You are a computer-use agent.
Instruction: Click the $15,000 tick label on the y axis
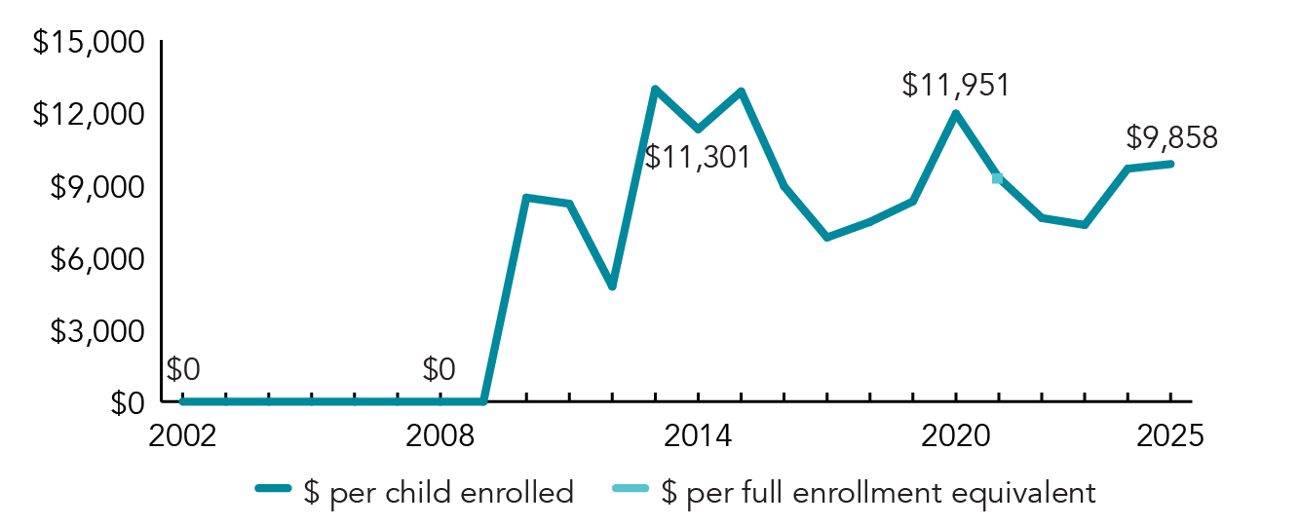[89, 43]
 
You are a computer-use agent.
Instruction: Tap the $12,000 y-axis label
[89, 115]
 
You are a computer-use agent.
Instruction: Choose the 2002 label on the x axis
[182, 435]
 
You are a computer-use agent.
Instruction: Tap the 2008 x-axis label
[440, 435]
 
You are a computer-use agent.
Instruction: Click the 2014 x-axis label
[698, 435]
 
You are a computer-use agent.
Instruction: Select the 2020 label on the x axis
[956, 435]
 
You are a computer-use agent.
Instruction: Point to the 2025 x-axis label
[1170, 435]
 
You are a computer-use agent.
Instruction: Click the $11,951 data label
[955, 85]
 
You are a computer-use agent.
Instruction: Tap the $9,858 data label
[1171, 137]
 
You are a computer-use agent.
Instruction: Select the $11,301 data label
[698, 156]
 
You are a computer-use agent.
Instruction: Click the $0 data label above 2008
[440, 369]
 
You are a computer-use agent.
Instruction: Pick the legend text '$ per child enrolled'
[439, 492]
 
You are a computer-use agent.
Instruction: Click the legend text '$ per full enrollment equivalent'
[877, 492]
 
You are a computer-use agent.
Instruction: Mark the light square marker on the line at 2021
[998, 178]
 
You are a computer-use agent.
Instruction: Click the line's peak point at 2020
[956, 114]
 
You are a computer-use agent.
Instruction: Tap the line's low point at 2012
[612, 285]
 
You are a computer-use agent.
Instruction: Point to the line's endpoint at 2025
[1170, 164]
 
